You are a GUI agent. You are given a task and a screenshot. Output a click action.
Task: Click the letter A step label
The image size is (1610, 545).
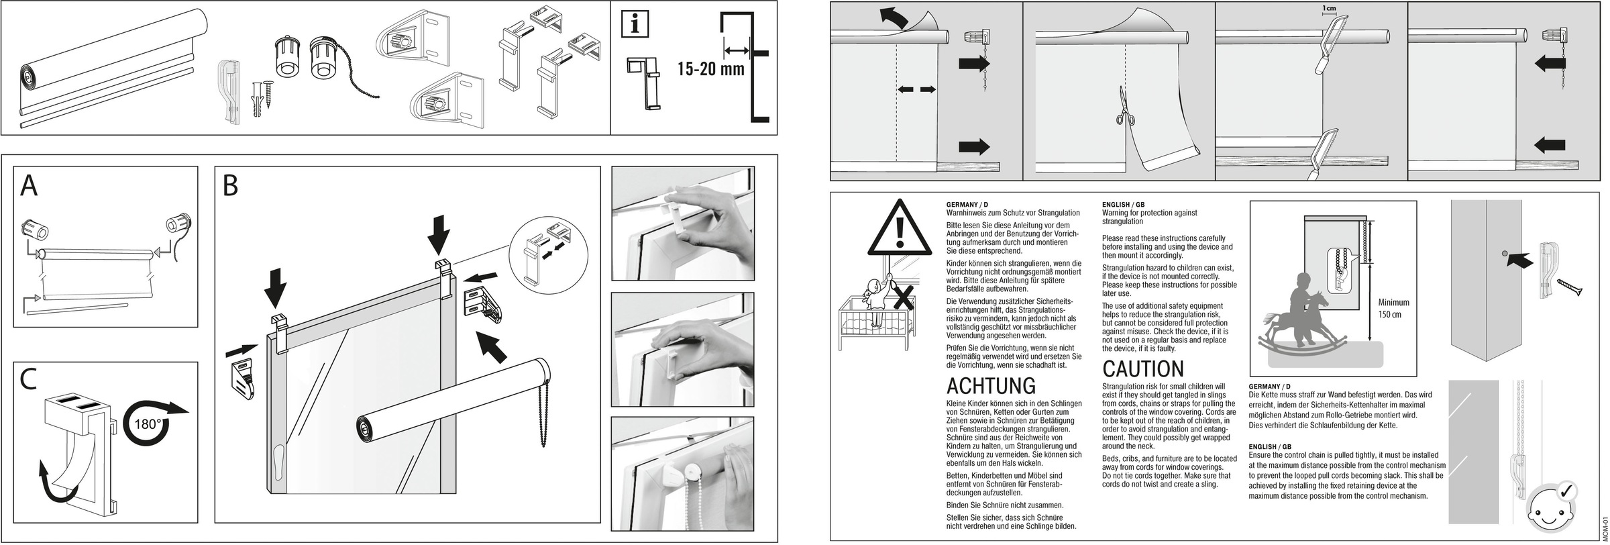tap(29, 186)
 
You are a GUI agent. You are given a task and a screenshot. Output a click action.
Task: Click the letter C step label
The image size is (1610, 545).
tap(29, 380)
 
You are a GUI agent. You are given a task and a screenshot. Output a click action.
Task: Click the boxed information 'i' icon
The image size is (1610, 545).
tap(635, 25)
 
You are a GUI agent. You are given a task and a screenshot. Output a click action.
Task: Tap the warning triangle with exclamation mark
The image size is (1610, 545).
tap(899, 230)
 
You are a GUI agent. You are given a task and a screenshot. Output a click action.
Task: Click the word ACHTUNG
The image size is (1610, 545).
tap(990, 387)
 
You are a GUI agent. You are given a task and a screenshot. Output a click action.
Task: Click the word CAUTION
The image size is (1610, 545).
tap(1143, 369)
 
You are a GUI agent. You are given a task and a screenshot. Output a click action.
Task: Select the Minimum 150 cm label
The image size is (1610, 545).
tap(1393, 309)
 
